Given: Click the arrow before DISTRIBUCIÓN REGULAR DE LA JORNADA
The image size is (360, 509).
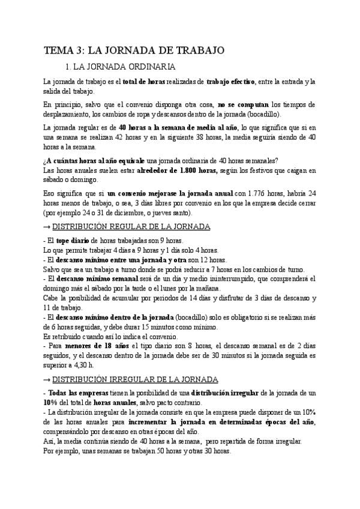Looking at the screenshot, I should tap(47, 227).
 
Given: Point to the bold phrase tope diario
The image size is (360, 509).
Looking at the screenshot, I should tap(73, 241).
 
